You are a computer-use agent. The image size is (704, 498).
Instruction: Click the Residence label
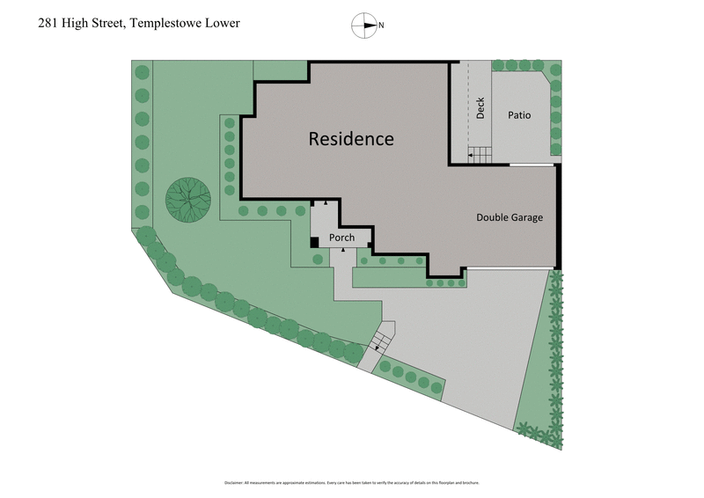click(x=351, y=139)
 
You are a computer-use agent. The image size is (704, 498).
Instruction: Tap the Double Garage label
click(x=510, y=217)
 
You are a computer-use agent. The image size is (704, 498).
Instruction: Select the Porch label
click(x=341, y=238)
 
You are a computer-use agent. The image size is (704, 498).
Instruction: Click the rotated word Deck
click(x=480, y=108)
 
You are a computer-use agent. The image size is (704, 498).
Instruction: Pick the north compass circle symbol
click(x=363, y=26)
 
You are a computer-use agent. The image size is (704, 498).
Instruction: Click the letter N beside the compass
click(x=381, y=26)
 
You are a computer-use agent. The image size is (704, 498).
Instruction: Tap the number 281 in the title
click(x=50, y=24)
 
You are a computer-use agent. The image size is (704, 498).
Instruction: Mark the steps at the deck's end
click(x=479, y=155)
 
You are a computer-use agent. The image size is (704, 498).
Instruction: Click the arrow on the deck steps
click(x=472, y=156)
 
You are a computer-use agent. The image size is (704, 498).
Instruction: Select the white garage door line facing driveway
click(x=510, y=267)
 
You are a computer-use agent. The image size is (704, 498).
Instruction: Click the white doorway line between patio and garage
click(x=531, y=165)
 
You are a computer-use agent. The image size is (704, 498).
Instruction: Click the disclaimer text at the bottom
click(x=351, y=483)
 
